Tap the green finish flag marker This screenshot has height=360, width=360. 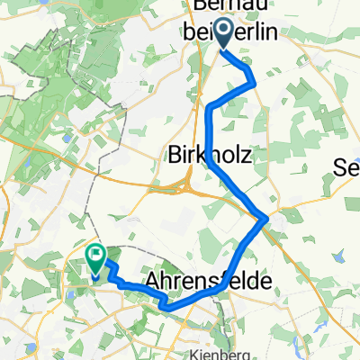click(x=96, y=260)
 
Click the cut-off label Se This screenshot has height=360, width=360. click(x=346, y=166)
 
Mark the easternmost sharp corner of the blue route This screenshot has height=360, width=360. click(x=265, y=219)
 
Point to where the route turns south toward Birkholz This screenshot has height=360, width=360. click(x=211, y=109)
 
